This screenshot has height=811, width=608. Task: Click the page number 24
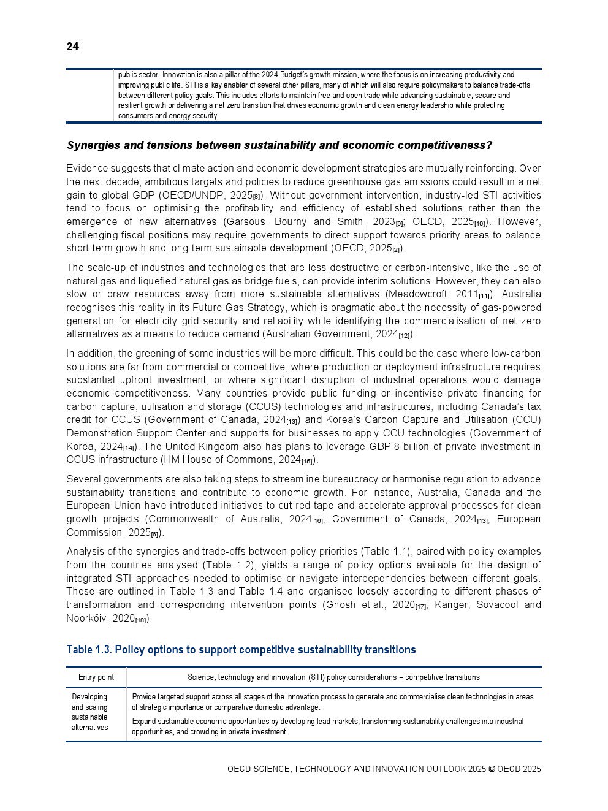coord(72,47)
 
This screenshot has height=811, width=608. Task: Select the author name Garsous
coord(246,222)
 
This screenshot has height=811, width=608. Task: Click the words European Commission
coord(519,519)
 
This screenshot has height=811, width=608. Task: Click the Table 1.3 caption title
coord(241,650)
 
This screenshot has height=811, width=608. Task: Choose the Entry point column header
coord(96,677)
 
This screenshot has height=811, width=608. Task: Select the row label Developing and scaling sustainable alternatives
coord(89,712)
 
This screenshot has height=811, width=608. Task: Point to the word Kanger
coord(451,605)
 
